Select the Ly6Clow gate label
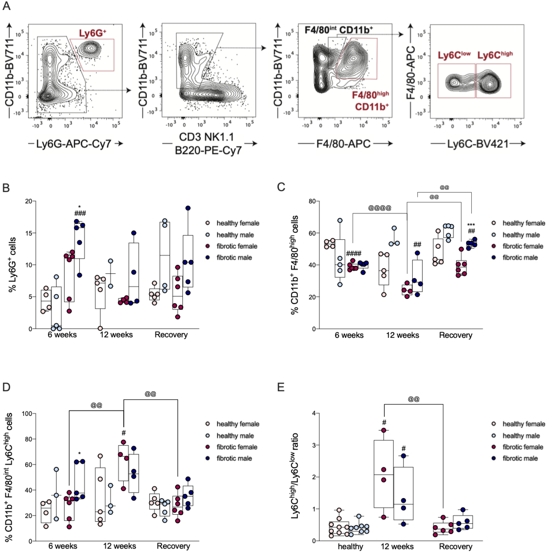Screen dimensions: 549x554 454,55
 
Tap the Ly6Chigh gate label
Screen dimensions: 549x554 495,55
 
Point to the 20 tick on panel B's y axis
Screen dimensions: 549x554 29,201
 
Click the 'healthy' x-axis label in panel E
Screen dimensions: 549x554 350,547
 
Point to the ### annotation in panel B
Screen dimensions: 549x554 80,213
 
